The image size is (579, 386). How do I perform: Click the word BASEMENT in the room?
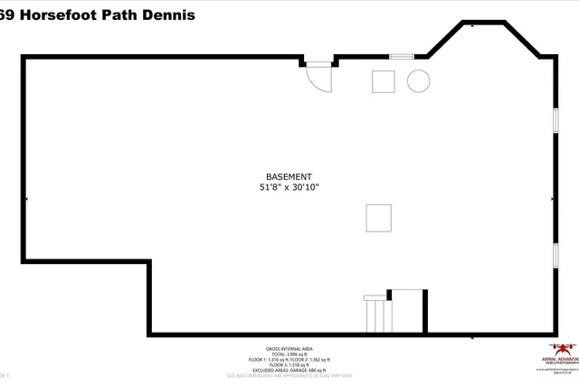pos(289,176)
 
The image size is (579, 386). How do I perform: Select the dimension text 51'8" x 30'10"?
pos(289,188)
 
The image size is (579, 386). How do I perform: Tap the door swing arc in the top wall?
pos(320,80)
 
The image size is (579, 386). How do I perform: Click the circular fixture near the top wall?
pos(418,81)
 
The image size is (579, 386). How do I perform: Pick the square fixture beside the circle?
pos(384,81)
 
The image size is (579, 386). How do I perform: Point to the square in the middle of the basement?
pos(379,219)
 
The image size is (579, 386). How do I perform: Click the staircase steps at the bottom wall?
pos(377,315)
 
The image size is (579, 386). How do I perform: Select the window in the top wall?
pos(401,57)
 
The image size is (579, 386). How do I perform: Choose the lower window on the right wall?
pos(555,255)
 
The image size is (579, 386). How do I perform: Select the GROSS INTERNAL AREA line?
pos(289,349)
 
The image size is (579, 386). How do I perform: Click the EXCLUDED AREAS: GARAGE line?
pos(289,371)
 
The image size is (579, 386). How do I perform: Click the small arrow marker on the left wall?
pos(26,198)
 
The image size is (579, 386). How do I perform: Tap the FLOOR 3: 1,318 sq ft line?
pos(289,365)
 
